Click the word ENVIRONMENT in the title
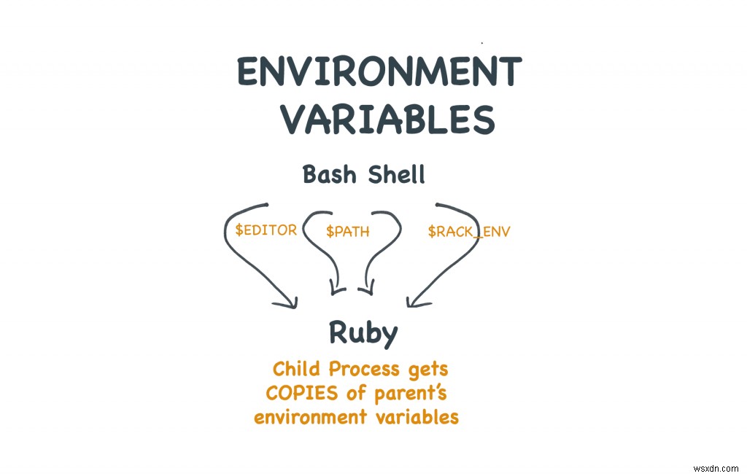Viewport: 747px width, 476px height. click(379, 73)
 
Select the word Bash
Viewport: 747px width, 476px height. click(328, 176)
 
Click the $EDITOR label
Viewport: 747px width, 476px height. click(266, 230)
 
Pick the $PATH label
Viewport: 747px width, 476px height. click(348, 232)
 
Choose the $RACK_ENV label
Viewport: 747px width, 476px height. click(469, 232)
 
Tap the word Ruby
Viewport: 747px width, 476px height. click(363, 333)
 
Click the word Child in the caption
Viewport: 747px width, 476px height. click(295, 369)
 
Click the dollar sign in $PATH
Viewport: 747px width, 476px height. click(330, 232)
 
